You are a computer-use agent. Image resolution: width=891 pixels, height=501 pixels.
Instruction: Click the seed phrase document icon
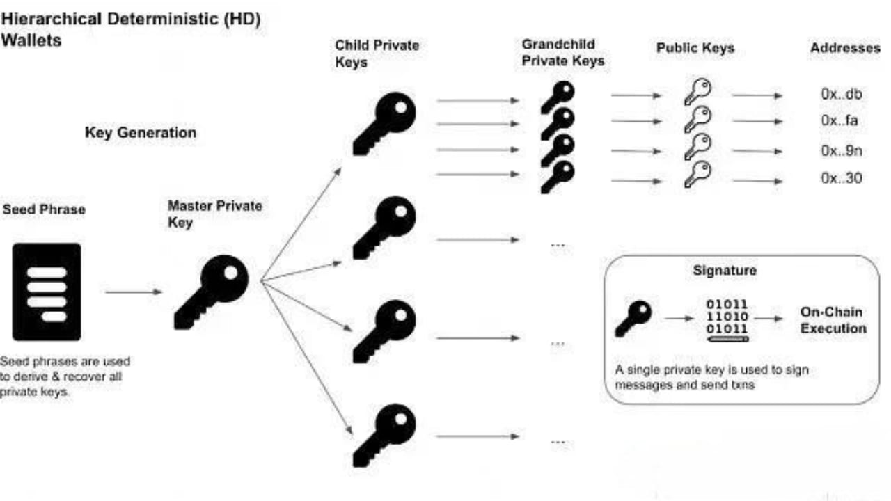click(x=47, y=292)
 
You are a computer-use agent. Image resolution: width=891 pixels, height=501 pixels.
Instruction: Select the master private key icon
click(x=211, y=292)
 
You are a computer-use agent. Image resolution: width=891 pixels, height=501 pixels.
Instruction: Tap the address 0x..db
click(x=842, y=94)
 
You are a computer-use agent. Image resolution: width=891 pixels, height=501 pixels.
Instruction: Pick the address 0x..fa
click(x=839, y=120)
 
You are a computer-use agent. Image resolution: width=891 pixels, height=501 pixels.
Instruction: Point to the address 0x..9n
click(x=842, y=151)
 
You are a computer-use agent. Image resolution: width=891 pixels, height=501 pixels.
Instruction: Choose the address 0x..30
click(x=842, y=177)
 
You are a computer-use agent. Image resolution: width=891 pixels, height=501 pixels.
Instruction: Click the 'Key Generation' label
click(x=141, y=133)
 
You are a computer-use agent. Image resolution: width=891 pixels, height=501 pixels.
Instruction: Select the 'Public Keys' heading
click(x=695, y=48)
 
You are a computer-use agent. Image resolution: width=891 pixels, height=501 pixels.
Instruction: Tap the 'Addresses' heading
click(x=845, y=48)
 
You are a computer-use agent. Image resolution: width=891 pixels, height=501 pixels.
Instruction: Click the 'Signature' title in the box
click(x=725, y=271)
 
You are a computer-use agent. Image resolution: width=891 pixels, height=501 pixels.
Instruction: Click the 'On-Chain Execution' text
click(x=833, y=320)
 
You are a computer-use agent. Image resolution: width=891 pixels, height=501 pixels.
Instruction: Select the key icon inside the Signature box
click(x=633, y=319)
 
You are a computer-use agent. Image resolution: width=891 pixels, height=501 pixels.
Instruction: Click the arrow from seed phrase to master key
click(x=134, y=292)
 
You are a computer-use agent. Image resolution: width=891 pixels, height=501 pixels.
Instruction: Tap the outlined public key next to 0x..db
click(x=697, y=91)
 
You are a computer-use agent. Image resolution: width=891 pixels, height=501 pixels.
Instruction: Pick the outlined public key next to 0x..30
click(x=697, y=174)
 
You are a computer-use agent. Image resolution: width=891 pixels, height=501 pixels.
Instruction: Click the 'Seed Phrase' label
click(x=44, y=209)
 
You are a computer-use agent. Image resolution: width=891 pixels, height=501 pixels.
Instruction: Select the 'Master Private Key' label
click(x=215, y=214)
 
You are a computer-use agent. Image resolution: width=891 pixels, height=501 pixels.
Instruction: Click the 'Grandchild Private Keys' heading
click(x=563, y=52)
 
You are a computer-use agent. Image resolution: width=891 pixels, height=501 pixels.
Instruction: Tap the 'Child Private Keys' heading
click(x=377, y=54)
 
